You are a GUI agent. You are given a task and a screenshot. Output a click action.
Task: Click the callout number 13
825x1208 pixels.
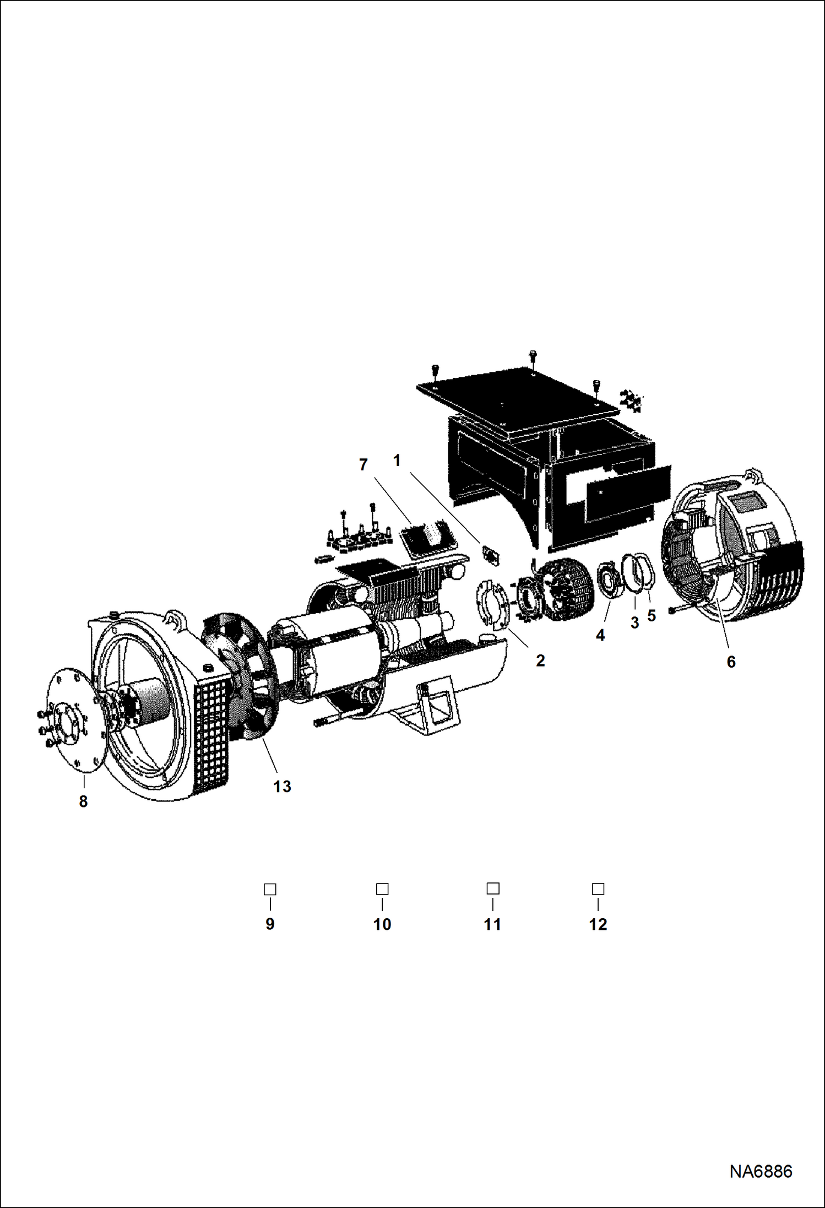click(x=282, y=787)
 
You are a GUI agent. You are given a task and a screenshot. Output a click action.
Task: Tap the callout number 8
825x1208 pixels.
click(x=83, y=801)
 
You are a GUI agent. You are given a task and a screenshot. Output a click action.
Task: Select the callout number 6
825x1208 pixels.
click(x=731, y=662)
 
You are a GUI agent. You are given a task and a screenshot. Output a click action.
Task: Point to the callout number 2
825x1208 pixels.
click(x=540, y=660)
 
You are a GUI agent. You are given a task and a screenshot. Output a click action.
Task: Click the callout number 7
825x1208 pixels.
click(x=363, y=465)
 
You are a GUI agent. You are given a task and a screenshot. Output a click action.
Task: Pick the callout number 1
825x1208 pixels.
click(x=397, y=461)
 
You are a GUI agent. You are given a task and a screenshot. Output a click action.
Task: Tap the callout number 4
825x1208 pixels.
click(x=600, y=635)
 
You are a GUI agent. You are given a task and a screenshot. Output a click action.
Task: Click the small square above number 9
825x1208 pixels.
click(x=270, y=889)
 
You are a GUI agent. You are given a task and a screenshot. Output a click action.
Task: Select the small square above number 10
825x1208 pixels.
click(x=382, y=889)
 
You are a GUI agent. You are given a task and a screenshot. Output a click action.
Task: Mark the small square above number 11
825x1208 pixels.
click(x=493, y=889)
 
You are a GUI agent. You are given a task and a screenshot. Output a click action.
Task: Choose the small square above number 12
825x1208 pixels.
click(x=598, y=889)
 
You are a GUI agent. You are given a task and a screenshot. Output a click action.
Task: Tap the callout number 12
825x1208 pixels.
click(x=598, y=924)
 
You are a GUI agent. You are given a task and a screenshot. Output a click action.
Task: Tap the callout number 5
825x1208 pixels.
click(x=652, y=616)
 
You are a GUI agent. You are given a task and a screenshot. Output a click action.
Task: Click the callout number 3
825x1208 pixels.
click(x=634, y=623)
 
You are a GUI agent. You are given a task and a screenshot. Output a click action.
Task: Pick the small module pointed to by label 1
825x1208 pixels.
click(x=490, y=554)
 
